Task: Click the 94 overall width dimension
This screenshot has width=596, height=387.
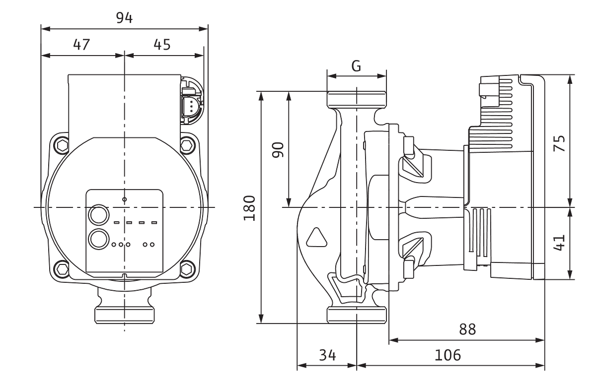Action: (x=124, y=19)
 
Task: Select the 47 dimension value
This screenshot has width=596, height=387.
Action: (x=81, y=45)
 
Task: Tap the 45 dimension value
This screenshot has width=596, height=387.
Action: (x=161, y=45)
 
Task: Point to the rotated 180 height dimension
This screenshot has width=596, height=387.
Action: (x=250, y=208)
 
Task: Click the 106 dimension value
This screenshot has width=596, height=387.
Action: (x=448, y=355)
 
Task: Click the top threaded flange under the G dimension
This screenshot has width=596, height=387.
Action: (x=356, y=98)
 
